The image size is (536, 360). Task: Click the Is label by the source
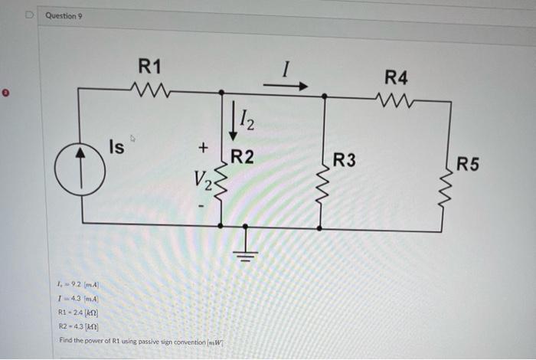(x=116, y=146)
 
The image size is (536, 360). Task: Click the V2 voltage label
(x=200, y=182)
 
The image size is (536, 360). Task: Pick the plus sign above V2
(x=202, y=146)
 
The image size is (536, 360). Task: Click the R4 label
(x=397, y=77)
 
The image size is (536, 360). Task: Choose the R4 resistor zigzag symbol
(x=397, y=99)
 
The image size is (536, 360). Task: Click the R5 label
(x=468, y=163)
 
